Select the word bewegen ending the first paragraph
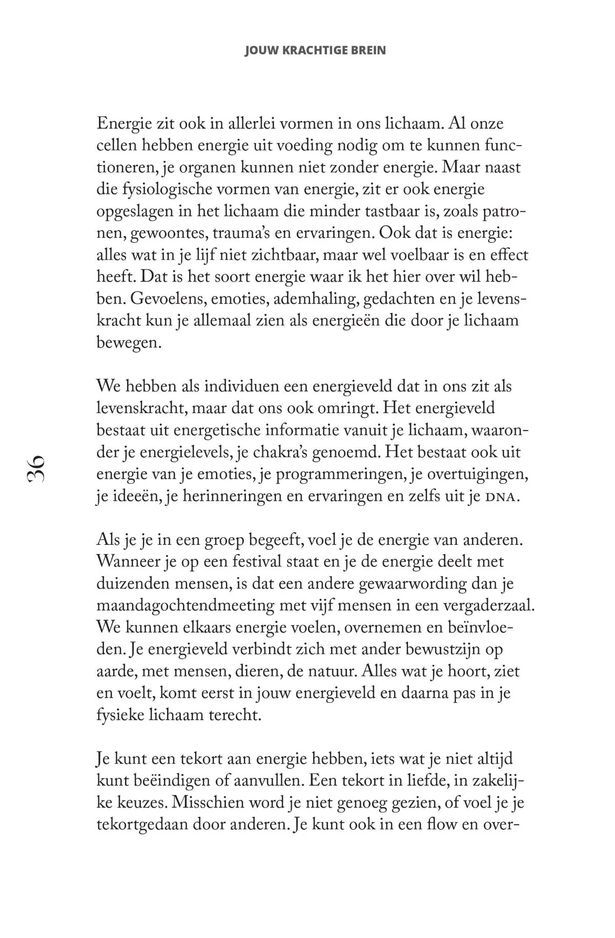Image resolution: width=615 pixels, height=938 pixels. (x=129, y=342)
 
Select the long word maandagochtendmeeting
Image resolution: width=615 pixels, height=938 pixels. (x=186, y=606)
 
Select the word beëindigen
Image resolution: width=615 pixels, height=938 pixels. (x=177, y=781)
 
